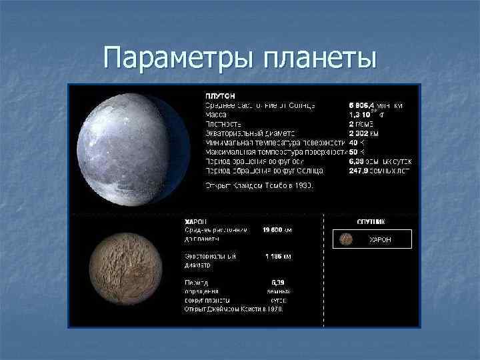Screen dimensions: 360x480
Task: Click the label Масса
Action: [x=216, y=115]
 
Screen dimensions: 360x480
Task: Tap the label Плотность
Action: [x=223, y=124]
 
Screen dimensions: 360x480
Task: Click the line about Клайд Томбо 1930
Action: [x=251, y=185]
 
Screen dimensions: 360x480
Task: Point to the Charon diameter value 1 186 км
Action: [x=276, y=256]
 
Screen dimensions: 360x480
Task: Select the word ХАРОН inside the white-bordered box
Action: [x=380, y=239]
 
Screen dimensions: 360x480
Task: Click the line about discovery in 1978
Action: [x=234, y=309]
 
